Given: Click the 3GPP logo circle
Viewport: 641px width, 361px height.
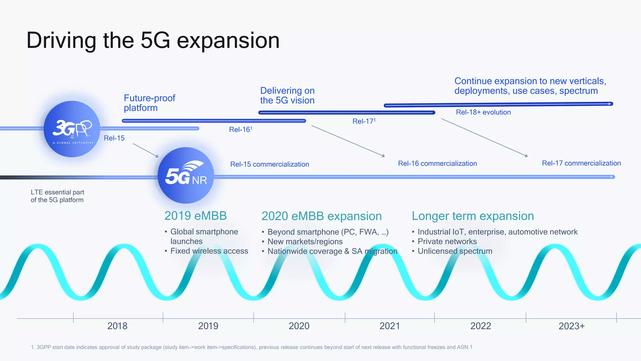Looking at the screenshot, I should pyautogui.click(x=72, y=129).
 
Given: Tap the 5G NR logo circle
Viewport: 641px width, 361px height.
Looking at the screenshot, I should pyautogui.click(x=186, y=175).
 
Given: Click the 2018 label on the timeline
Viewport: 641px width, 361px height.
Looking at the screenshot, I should pyautogui.click(x=117, y=326).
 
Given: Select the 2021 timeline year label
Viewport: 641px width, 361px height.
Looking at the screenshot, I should pyautogui.click(x=390, y=326).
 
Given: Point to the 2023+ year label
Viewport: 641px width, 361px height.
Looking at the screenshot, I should pyautogui.click(x=572, y=326).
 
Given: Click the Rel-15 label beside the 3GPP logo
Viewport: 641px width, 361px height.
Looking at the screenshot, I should pyautogui.click(x=114, y=138).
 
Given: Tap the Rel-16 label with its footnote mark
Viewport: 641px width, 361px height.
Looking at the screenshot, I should pyautogui.click(x=240, y=129).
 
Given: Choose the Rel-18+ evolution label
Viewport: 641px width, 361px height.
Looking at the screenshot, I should pyautogui.click(x=483, y=112).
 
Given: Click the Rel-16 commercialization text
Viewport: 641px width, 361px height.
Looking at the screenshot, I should pyautogui.click(x=437, y=164).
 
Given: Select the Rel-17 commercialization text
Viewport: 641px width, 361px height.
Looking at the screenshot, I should pyautogui.click(x=581, y=163).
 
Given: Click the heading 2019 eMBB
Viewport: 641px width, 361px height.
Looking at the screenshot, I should pyautogui.click(x=196, y=216).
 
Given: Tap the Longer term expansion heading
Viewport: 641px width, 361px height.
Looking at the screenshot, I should pyautogui.click(x=473, y=216).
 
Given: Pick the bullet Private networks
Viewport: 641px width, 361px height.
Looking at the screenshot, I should pyautogui.click(x=447, y=242).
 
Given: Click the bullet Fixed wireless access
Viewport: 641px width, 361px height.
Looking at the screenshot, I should pyautogui.click(x=209, y=251).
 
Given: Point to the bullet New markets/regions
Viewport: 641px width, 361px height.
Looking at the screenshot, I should pyautogui.click(x=305, y=242).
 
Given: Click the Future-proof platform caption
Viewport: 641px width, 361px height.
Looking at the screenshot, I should pyautogui.click(x=149, y=103).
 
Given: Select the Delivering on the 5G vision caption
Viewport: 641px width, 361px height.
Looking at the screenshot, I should pyautogui.click(x=287, y=96).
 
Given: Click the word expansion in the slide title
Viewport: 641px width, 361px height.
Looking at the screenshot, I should pyautogui.click(x=228, y=40).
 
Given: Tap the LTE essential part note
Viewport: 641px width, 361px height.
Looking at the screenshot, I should pyautogui.click(x=57, y=196).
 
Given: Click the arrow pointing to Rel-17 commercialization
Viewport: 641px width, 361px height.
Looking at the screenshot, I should pyautogui.click(x=485, y=138).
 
